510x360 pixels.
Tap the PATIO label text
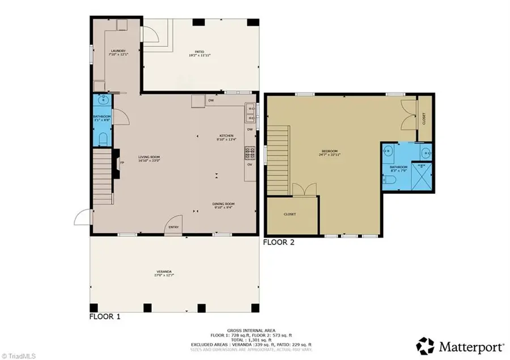tap(196, 53)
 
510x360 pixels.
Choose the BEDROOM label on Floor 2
tap(329, 153)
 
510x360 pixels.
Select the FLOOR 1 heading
tap(105, 316)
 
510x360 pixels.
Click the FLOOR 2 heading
tap(279, 242)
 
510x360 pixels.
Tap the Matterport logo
tap(460, 344)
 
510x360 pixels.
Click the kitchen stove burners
tap(249, 153)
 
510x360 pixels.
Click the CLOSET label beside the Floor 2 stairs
tap(290, 214)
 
